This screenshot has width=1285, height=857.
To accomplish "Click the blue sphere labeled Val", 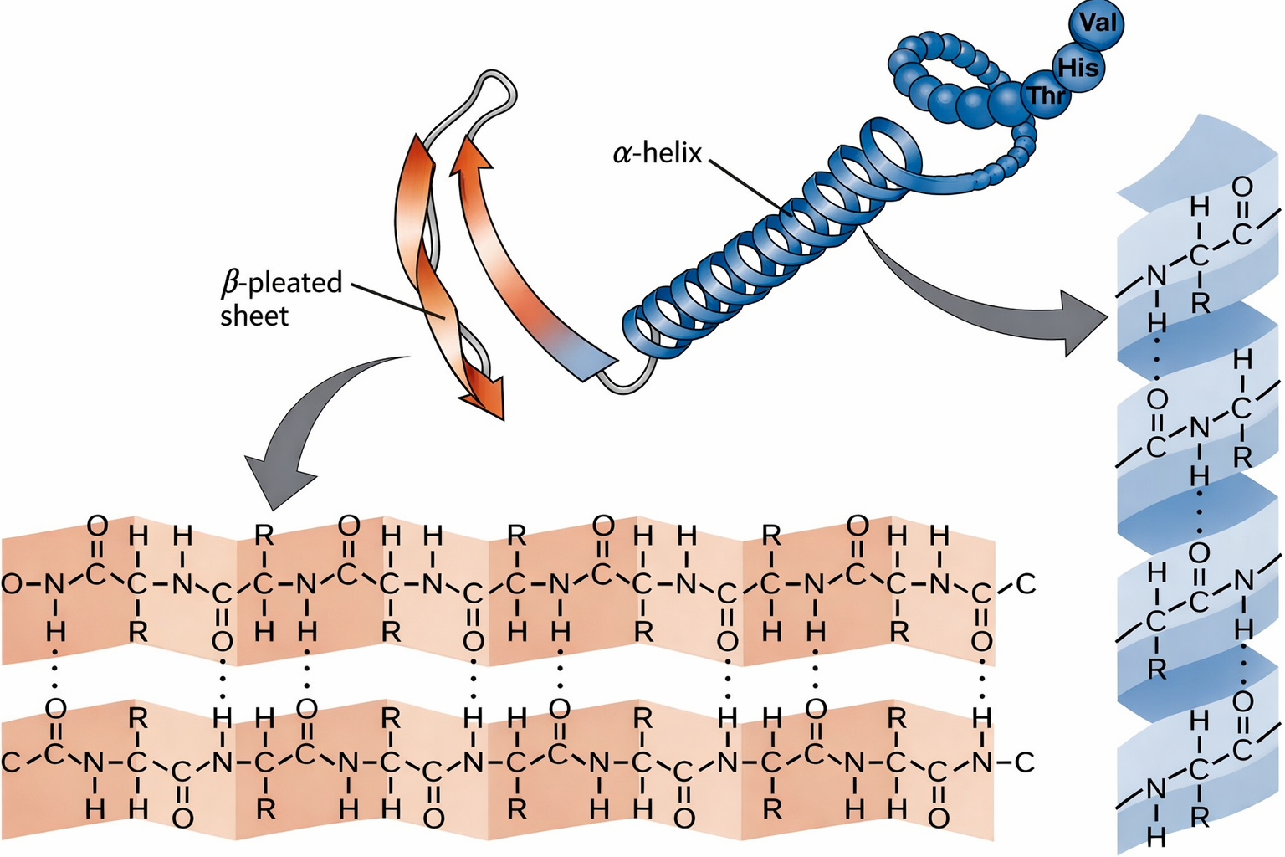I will [1096, 24].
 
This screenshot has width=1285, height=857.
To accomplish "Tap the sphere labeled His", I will [1077, 67].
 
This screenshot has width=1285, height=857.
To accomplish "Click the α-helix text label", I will [658, 153].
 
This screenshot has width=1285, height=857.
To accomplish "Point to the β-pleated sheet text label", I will [280, 299].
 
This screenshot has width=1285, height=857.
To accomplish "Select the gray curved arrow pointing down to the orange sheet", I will [310, 427].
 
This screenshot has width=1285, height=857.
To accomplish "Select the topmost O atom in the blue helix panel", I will [1242, 187].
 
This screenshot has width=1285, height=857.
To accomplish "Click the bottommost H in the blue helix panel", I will [1156, 835].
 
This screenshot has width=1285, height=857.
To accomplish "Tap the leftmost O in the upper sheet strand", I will [11, 583].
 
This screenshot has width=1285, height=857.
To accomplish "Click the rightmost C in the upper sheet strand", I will [1026, 583].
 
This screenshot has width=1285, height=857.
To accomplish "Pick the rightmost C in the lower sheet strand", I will [1025, 762].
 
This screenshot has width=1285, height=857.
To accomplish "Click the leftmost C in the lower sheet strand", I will [11, 762].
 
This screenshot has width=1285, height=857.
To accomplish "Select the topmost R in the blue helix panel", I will [1200, 302].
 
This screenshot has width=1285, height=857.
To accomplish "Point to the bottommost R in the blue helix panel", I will [1200, 816].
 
